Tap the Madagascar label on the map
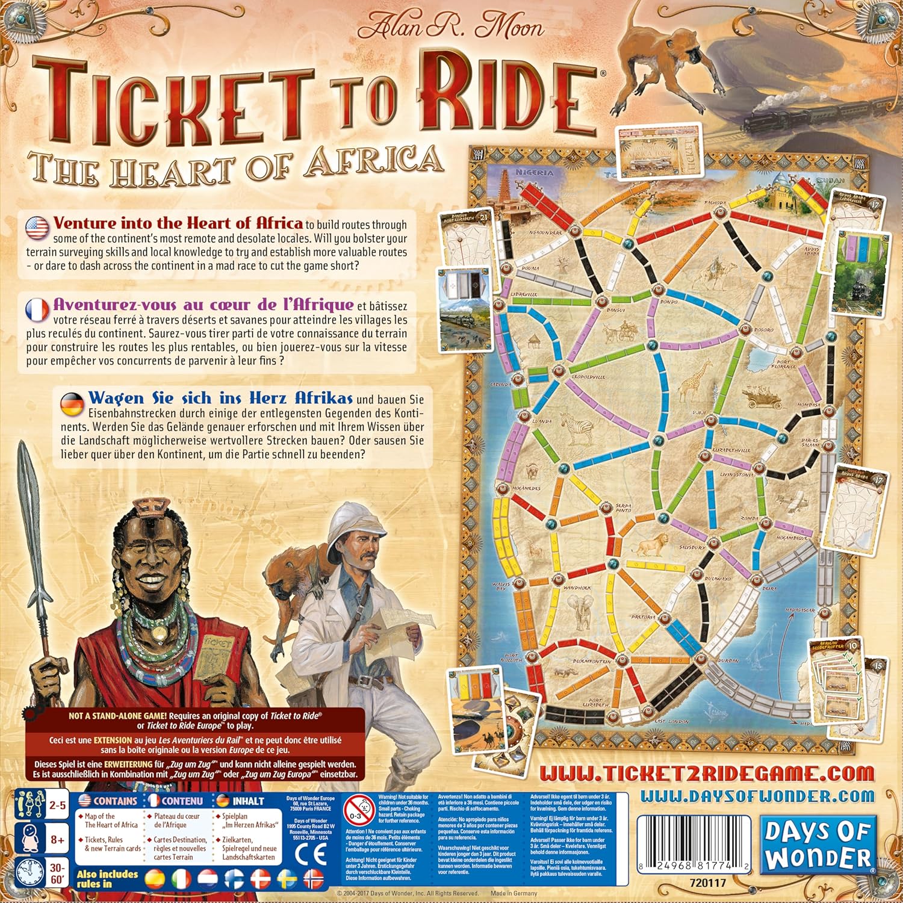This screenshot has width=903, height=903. (x=800, y=610)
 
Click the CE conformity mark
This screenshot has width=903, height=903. (x=312, y=854)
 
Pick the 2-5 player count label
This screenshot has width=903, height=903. (x=57, y=804)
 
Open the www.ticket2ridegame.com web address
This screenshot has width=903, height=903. (x=706, y=773)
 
